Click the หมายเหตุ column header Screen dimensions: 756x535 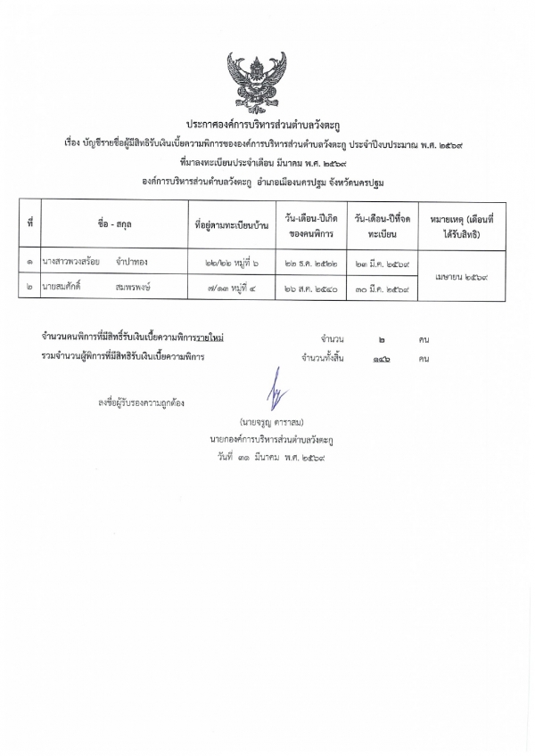pos(461,224)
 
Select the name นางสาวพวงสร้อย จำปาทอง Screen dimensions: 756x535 pos(93,262)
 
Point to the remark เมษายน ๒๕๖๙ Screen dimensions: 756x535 pos(461,276)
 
